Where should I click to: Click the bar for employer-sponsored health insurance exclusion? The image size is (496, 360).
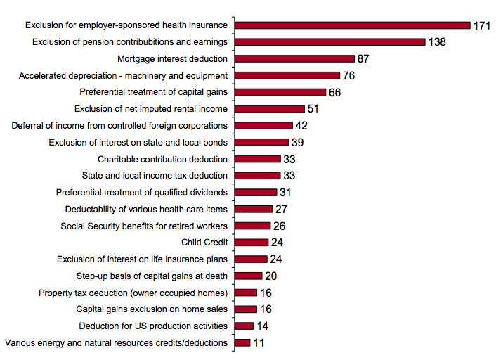coord(352,25)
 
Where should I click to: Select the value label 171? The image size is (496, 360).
coord(481,25)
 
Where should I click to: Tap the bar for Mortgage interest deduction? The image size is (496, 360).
coord(294,59)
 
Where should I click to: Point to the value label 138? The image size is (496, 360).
coord(436,42)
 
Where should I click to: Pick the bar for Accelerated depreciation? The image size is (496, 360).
coord(287,75)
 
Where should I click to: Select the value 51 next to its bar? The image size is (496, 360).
coord(313,109)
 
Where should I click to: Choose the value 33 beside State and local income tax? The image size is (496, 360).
coord(289,176)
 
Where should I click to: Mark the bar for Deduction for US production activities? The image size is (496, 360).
coord(244,326)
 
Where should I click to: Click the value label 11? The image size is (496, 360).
coord(259,343)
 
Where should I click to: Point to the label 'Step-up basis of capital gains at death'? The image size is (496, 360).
coord(152,276)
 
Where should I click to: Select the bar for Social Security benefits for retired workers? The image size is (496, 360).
coord(252,226)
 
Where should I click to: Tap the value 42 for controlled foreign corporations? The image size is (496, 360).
coord(302,126)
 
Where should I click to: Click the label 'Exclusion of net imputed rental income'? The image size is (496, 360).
coord(151,109)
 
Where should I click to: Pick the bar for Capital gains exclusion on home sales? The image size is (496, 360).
coord(245,309)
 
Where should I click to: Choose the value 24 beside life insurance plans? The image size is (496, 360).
coord(276,259)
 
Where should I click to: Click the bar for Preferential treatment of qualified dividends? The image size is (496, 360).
coord(256,192)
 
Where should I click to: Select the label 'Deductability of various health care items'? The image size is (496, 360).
coord(146,209)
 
